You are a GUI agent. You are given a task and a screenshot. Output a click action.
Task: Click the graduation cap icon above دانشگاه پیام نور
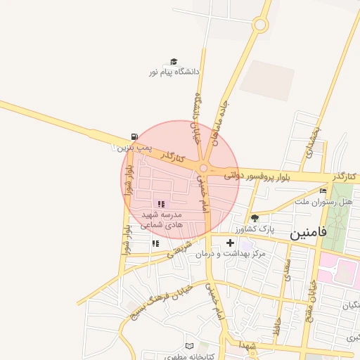174,62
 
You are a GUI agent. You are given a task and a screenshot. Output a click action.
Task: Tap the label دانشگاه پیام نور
174,72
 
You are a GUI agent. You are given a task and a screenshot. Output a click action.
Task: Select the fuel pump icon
134,137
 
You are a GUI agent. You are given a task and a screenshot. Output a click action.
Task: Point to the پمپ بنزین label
133,148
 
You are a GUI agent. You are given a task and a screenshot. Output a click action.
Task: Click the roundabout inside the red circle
204,168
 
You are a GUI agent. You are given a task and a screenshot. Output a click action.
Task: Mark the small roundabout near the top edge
260,25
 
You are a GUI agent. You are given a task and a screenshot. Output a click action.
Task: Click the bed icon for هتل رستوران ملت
323,191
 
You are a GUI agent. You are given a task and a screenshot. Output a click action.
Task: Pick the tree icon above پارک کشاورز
255,219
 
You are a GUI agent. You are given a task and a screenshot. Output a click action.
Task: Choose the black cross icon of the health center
230,243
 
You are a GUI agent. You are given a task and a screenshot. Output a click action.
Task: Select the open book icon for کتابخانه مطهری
188,346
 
